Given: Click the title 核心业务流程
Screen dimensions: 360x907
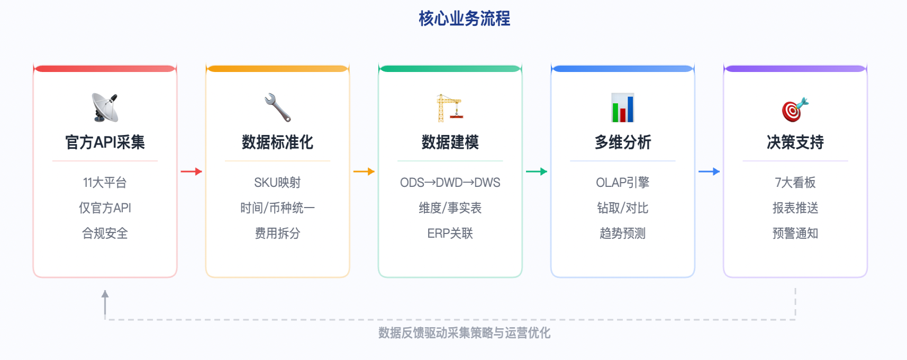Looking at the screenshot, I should (x=464, y=19).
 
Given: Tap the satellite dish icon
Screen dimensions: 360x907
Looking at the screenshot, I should (x=105, y=107).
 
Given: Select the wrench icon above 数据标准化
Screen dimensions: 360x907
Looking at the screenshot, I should (x=277, y=107).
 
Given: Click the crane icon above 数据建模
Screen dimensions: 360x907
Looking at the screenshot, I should (x=450, y=107).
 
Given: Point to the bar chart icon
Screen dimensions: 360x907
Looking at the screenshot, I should (x=622, y=107).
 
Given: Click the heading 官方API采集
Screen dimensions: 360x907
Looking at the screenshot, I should (x=105, y=142).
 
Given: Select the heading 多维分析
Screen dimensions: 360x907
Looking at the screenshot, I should (x=622, y=142).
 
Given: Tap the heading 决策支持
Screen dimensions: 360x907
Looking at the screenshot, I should (x=795, y=142).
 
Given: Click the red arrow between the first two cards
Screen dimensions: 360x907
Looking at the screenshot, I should (x=191, y=172).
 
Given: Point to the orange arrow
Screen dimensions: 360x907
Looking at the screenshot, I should (x=364, y=172).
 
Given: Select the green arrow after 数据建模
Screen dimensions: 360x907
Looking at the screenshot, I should (x=536, y=172).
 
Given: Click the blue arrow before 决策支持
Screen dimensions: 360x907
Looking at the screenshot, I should (x=709, y=172).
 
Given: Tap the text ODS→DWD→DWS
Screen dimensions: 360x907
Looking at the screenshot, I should (x=450, y=183).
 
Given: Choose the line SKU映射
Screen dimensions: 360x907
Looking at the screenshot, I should (x=277, y=183).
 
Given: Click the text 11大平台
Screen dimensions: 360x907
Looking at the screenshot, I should (x=105, y=183).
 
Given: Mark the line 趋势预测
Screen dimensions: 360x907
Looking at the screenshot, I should (x=622, y=233).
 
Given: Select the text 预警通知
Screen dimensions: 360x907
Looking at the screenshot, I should (x=795, y=233).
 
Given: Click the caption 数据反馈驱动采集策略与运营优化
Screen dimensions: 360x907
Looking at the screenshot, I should (x=464, y=333).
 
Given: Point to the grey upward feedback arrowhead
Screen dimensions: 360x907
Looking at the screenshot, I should (x=105, y=294).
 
